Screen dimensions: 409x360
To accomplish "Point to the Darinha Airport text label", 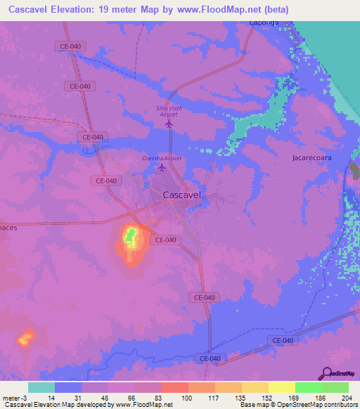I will pos(162,158).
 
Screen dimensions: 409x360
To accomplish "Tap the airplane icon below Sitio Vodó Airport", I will pos(169,124).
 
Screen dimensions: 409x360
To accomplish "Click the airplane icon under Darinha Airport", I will pos(162,168).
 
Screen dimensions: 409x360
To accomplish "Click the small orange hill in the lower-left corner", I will pos(26,339).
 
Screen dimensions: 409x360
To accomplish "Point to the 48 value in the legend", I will pos(103,397).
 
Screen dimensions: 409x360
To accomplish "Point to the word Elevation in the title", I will pos(75,11).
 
